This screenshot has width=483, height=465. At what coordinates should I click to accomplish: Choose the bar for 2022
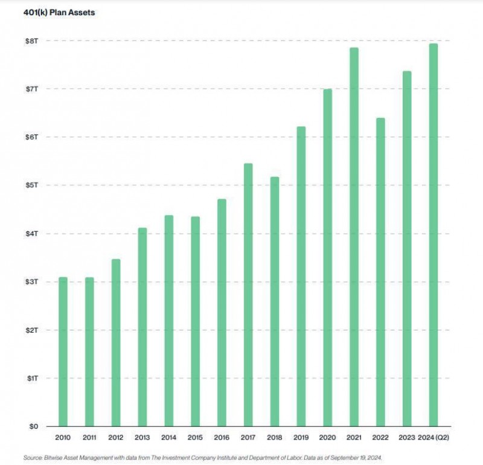click(380, 272)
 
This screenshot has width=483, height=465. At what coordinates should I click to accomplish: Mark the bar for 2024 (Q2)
click(433, 235)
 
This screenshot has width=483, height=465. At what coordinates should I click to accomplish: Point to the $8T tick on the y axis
click(31, 40)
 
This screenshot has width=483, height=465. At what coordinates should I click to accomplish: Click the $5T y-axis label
click(31, 185)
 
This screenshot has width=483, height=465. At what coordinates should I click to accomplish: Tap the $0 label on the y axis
click(32, 426)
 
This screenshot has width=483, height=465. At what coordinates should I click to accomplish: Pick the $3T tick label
click(31, 282)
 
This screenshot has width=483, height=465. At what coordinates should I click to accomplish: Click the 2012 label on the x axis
click(116, 437)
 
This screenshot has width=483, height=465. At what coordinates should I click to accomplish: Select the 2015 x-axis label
click(195, 437)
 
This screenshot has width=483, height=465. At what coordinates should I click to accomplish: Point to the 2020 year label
click(327, 437)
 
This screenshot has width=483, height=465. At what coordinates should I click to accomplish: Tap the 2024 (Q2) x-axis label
click(433, 437)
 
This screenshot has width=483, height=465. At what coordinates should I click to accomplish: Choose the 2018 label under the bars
click(275, 437)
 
